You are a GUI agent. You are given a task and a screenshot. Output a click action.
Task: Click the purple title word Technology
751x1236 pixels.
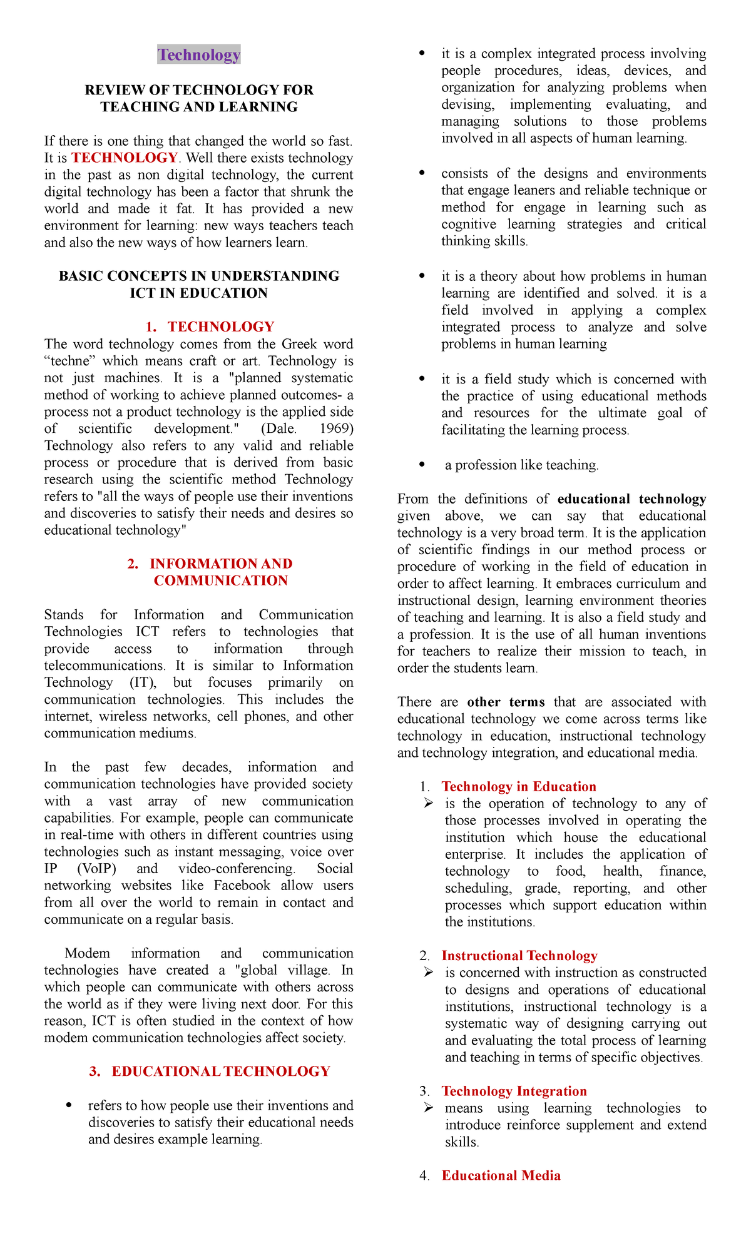(199, 55)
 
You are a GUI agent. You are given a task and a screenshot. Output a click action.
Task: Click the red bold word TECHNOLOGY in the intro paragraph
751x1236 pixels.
(125, 158)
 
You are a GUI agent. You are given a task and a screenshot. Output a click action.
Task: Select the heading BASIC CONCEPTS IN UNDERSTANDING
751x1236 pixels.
(199, 276)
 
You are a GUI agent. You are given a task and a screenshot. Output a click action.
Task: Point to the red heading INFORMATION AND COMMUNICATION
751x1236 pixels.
(220, 572)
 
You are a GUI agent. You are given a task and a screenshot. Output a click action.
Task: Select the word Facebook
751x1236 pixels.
(242, 886)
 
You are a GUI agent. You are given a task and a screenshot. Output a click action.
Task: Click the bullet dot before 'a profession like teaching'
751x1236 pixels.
(422, 465)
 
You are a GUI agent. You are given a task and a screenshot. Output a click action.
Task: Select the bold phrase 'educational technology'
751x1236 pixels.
(631, 499)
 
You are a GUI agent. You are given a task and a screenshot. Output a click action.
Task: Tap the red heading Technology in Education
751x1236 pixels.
(519, 787)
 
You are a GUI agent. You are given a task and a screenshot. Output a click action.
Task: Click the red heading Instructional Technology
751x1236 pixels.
(519, 956)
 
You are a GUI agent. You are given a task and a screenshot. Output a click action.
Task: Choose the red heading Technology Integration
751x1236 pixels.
(514, 1092)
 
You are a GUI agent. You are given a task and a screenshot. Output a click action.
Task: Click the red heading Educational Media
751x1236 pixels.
(501, 1176)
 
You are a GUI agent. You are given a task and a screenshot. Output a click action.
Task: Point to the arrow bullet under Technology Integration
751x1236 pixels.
(428, 1108)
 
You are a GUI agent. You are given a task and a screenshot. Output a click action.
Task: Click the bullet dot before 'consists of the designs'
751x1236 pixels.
(422, 173)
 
